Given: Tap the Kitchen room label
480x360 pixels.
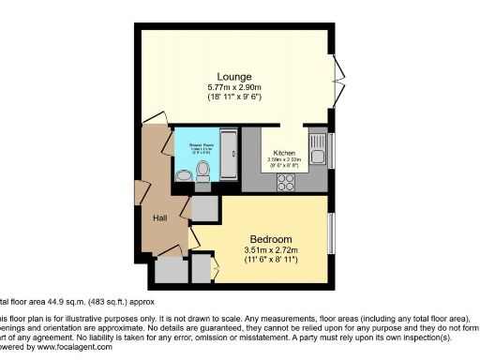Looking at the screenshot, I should [x=285, y=153].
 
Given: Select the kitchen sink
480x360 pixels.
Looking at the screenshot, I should [x=319, y=150].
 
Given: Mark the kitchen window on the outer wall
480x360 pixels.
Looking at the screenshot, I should [x=332, y=150].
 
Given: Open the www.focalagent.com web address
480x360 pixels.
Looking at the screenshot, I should [x=70, y=347].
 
